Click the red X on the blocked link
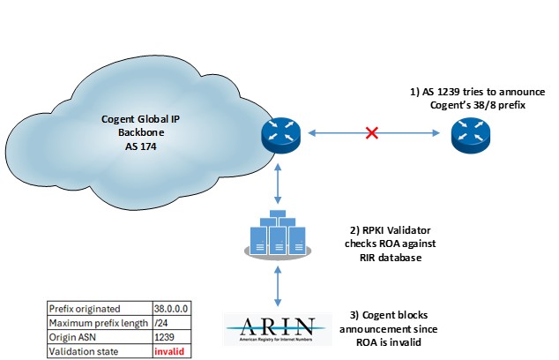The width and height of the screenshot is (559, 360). click(x=373, y=134)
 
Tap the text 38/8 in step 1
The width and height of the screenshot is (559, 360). click(x=488, y=106)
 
